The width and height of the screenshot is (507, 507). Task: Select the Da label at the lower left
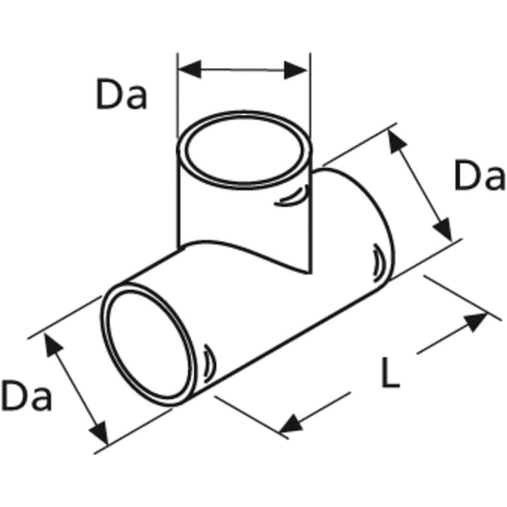click(26, 395)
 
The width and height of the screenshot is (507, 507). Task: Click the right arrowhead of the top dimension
click(295, 70)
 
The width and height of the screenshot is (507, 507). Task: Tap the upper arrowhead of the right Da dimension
click(395, 141)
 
